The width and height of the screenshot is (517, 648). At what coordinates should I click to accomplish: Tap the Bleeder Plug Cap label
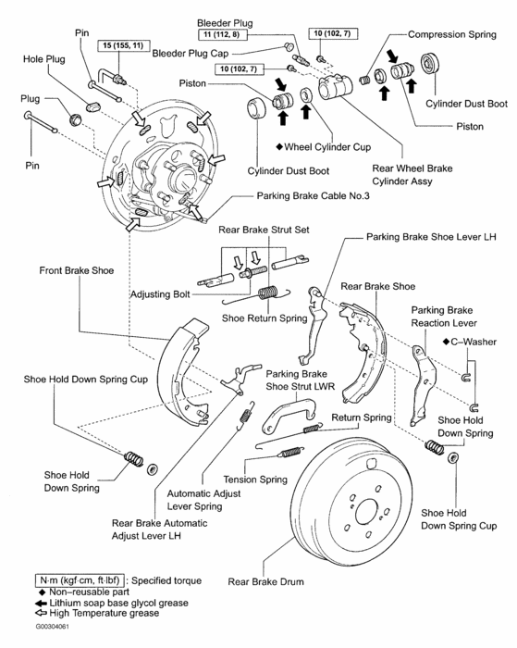click(191, 54)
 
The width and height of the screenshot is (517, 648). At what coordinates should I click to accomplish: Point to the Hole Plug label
click(44, 59)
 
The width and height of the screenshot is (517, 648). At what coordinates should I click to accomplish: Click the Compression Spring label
click(452, 34)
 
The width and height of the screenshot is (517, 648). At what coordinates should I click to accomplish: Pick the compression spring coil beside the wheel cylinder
click(363, 80)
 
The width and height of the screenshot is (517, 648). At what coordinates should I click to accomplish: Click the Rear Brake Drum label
click(265, 582)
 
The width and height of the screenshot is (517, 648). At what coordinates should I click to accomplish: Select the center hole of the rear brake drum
click(366, 514)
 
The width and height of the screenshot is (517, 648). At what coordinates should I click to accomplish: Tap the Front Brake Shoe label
click(77, 270)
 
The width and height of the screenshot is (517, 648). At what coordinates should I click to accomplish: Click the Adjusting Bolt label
click(160, 294)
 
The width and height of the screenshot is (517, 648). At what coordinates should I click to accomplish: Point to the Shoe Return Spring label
click(265, 318)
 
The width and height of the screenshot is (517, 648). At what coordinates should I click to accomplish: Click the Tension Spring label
click(255, 480)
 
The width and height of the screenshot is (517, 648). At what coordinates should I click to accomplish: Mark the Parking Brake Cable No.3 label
click(313, 195)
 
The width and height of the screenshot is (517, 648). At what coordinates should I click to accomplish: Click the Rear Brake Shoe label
click(378, 286)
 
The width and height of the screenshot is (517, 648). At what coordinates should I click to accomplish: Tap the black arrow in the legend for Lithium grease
click(42, 604)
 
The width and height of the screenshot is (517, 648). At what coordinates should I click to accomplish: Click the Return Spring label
click(362, 417)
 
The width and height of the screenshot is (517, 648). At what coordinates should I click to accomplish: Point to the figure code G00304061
click(53, 627)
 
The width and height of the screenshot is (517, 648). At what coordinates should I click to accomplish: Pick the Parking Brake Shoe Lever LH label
click(431, 237)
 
